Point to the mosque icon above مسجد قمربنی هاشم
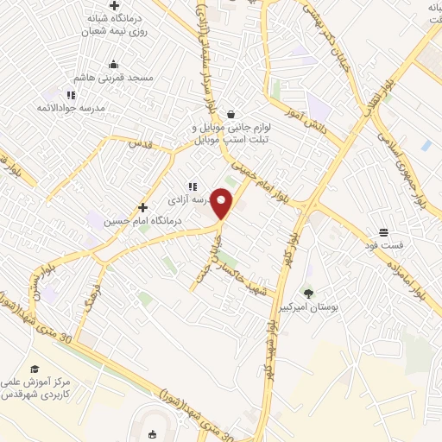point(113,64)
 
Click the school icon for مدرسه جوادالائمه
point(72,94)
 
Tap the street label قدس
point(141,143)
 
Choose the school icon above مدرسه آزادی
point(193,186)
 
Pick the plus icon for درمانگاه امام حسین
point(142,207)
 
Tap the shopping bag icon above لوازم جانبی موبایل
point(230,114)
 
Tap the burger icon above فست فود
point(383,232)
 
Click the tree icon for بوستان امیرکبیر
point(308,294)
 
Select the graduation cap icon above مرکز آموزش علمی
point(34,369)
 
